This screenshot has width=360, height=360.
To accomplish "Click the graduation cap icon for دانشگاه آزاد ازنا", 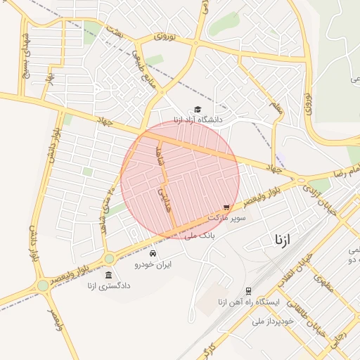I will click(198, 109).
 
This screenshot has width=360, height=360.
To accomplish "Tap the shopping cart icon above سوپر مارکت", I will click(226, 207).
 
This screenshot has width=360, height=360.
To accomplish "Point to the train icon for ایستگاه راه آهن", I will click(249, 290).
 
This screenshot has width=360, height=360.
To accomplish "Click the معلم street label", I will click(275, 109).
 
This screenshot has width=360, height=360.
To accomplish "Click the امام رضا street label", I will click(345, 171).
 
